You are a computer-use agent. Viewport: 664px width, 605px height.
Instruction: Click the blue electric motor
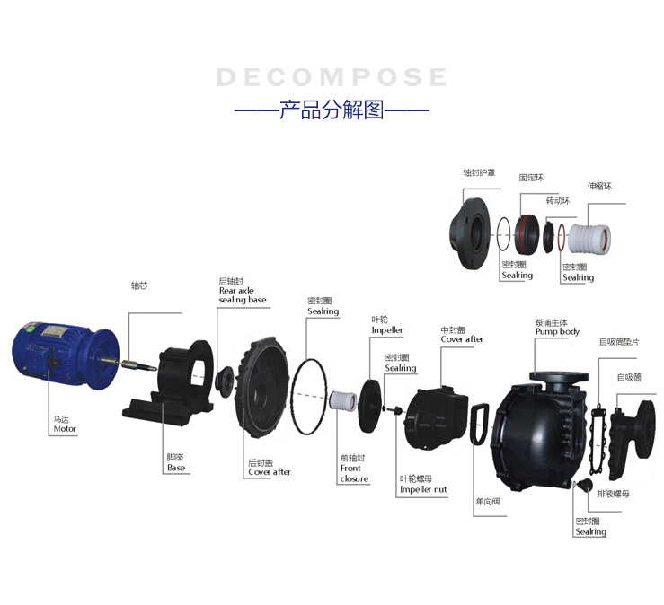point(66,355)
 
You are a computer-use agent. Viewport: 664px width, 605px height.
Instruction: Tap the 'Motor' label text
point(65,428)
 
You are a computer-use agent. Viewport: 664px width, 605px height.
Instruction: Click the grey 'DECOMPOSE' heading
point(332,77)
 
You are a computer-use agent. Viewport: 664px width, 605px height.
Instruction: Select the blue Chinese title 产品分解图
point(332,110)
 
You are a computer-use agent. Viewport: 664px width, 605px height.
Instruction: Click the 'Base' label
point(176,468)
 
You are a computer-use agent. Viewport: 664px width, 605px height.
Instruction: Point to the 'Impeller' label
point(387,330)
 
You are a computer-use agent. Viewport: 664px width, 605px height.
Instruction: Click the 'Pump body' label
point(557,332)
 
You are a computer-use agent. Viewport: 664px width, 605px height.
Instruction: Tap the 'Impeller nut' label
point(423,489)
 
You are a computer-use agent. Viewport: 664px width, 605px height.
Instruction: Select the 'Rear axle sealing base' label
point(243,295)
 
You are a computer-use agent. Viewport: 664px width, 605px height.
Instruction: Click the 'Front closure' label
point(354,473)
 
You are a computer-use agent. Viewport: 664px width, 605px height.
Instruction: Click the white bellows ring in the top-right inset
point(589,239)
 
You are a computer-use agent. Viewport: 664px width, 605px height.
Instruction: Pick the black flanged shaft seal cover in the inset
point(470,233)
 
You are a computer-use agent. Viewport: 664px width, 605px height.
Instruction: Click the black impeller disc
point(369,406)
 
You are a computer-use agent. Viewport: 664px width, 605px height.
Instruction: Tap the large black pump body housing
point(538,431)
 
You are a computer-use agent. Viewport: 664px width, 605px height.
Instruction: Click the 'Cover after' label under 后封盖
point(270,472)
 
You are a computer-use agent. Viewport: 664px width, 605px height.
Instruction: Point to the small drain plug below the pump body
point(585,485)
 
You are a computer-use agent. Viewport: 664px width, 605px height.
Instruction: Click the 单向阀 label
point(488,502)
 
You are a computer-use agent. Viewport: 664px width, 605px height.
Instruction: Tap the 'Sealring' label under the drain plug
point(590,531)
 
